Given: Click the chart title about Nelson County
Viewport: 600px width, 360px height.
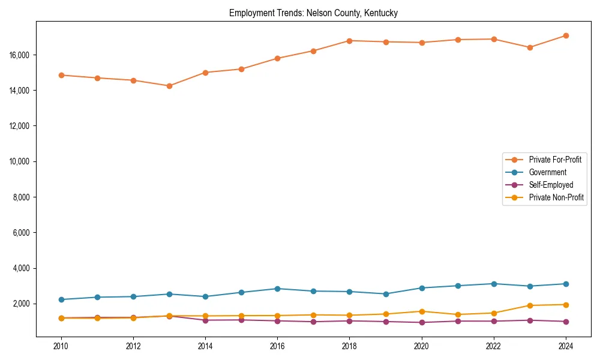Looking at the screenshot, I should [x=313, y=13].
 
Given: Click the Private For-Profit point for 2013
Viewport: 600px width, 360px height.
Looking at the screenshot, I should [x=169, y=86].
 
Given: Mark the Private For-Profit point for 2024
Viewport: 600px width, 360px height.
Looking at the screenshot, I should [x=566, y=35].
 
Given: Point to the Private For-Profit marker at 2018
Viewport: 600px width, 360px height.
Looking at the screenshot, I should [x=350, y=41].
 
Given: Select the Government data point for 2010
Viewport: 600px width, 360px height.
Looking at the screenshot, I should [x=61, y=299].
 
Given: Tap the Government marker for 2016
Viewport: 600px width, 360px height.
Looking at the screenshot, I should [x=277, y=289].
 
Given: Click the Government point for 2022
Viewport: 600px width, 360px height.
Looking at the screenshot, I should [x=494, y=284].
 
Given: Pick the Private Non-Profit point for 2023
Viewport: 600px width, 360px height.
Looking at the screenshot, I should [x=530, y=305].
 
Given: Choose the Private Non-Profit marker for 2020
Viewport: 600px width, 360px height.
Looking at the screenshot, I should [x=422, y=311].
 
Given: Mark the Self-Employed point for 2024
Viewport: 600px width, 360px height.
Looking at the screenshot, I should [x=566, y=322].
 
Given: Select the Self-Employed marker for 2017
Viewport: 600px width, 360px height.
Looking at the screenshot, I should [x=313, y=322].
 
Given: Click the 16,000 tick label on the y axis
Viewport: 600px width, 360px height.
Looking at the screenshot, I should [x=22, y=55].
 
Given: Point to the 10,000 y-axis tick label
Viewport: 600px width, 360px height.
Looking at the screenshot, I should [x=22, y=162].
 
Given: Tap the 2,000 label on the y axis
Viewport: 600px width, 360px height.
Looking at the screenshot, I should [x=23, y=304].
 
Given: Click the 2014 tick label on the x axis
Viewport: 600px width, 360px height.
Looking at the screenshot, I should [x=205, y=346].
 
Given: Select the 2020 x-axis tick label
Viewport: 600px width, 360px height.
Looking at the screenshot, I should [x=422, y=346].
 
